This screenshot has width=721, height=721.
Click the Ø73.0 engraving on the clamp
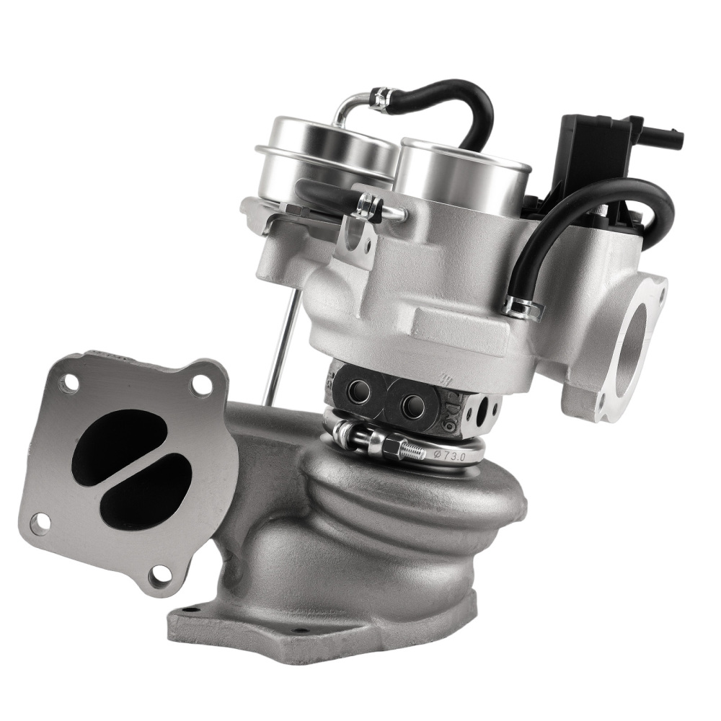[448, 455]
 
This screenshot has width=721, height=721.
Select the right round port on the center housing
[413, 402]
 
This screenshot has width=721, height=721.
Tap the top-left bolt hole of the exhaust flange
[68, 383]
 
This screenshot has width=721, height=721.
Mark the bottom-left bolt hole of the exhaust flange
[40, 522]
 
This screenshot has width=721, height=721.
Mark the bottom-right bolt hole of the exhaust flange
[160, 573]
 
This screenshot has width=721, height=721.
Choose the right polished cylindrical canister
[461, 177]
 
